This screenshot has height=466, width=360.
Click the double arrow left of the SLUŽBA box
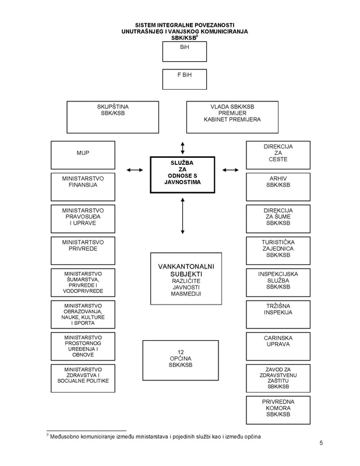135,170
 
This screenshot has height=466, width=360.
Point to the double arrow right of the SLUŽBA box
230,170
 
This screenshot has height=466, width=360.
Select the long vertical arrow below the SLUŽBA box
182,216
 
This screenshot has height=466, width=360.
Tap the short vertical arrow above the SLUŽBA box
182,148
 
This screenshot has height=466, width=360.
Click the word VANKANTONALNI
186,267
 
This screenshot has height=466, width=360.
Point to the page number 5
321,443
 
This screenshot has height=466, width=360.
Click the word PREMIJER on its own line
232,113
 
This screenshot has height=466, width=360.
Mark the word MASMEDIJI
186,294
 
